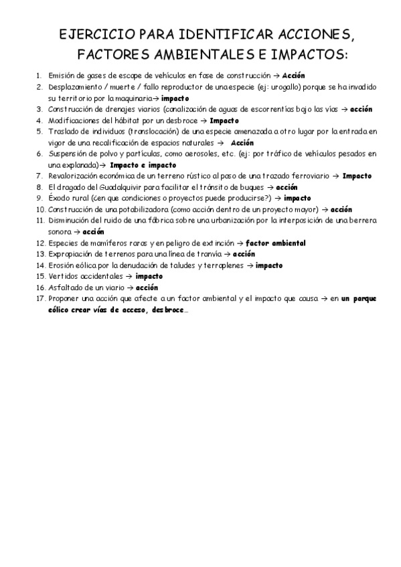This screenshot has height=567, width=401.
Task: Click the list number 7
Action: tap(40, 176)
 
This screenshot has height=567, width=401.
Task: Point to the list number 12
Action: tap(39, 242)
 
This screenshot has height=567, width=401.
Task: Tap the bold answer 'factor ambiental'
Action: tap(275, 242)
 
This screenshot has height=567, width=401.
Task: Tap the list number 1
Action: tap(40, 76)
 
